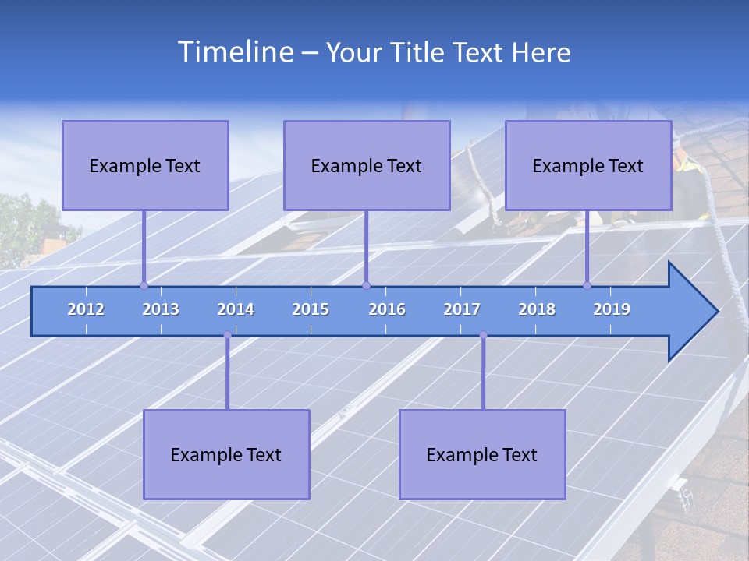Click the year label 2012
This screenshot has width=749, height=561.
(x=86, y=309)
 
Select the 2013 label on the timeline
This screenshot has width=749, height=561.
(x=161, y=309)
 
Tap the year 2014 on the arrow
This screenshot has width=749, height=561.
(x=236, y=309)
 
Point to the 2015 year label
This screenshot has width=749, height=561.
(x=311, y=309)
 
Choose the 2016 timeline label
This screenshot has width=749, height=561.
(x=387, y=309)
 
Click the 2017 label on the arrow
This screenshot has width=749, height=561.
(x=462, y=309)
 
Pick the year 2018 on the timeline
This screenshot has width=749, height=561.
(x=537, y=309)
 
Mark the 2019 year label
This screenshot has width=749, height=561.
(x=612, y=309)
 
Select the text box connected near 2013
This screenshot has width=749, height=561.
(x=145, y=165)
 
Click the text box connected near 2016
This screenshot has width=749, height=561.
(x=367, y=165)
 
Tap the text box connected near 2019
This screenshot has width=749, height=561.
(x=588, y=165)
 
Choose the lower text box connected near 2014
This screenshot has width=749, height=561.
(x=226, y=454)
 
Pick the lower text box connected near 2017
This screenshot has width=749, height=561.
(x=482, y=454)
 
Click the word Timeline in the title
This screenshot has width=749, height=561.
(x=235, y=52)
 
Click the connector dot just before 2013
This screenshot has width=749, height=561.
(x=144, y=285)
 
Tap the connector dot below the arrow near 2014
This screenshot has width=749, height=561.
(x=227, y=335)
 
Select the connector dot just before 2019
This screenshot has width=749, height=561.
(x=587, y=285)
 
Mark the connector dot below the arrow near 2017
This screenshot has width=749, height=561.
(x=483, y=335)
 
